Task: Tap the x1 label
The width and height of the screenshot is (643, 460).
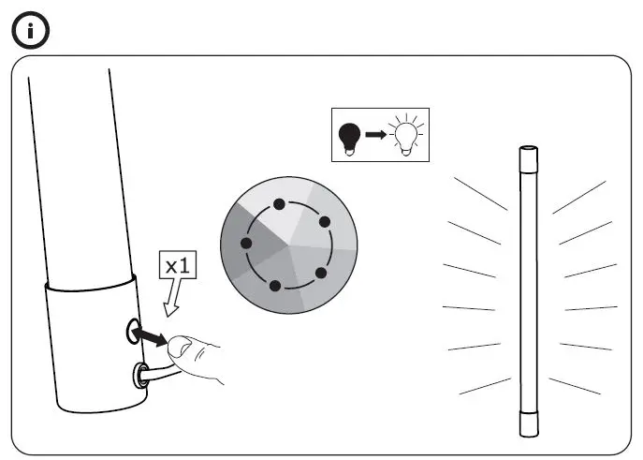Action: (178, 265)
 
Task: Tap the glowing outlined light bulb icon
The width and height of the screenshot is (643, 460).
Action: (404, 137)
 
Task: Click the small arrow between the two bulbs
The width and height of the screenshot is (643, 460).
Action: (375, 136)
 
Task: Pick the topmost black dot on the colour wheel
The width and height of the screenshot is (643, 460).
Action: (278, 203)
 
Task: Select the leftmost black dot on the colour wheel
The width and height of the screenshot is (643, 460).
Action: (246, 244)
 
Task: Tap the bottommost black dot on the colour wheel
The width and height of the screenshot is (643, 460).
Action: (276, 286)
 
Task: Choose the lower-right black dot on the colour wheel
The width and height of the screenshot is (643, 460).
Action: (320, 273)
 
